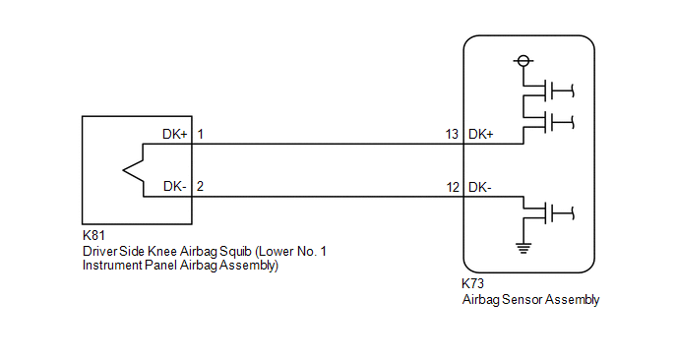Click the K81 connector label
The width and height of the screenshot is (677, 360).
click(x=93, y=236)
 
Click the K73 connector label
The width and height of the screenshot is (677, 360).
click(x=472, y=283)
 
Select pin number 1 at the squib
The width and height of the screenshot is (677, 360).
click(x=201, y=134)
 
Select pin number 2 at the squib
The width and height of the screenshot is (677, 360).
click(x=200, y=186)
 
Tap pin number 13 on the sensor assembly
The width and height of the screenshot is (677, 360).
click(x=452, y=134)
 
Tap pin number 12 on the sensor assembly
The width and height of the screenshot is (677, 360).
click(x=453, y=187)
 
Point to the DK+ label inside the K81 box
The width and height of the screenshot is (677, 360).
click(x=175, y=134)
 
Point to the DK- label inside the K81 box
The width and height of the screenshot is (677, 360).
click(x=175, y=186)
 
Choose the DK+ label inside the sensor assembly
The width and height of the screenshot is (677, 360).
click(x=480, y=134)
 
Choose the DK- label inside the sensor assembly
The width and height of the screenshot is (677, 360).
click(x=479, y=187)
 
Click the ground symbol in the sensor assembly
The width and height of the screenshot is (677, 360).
click(x=523, y=248)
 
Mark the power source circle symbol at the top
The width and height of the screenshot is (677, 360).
click(x=523, y=61)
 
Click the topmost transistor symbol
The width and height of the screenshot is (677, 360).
click(x=548, y=90)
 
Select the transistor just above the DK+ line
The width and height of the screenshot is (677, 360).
click(x=548, y=122)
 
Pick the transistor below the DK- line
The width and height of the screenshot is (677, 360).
click(x=548, y=212)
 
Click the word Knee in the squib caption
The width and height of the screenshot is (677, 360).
click(x=162, y=251)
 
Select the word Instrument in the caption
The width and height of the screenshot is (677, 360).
click(x=112, y=265)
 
